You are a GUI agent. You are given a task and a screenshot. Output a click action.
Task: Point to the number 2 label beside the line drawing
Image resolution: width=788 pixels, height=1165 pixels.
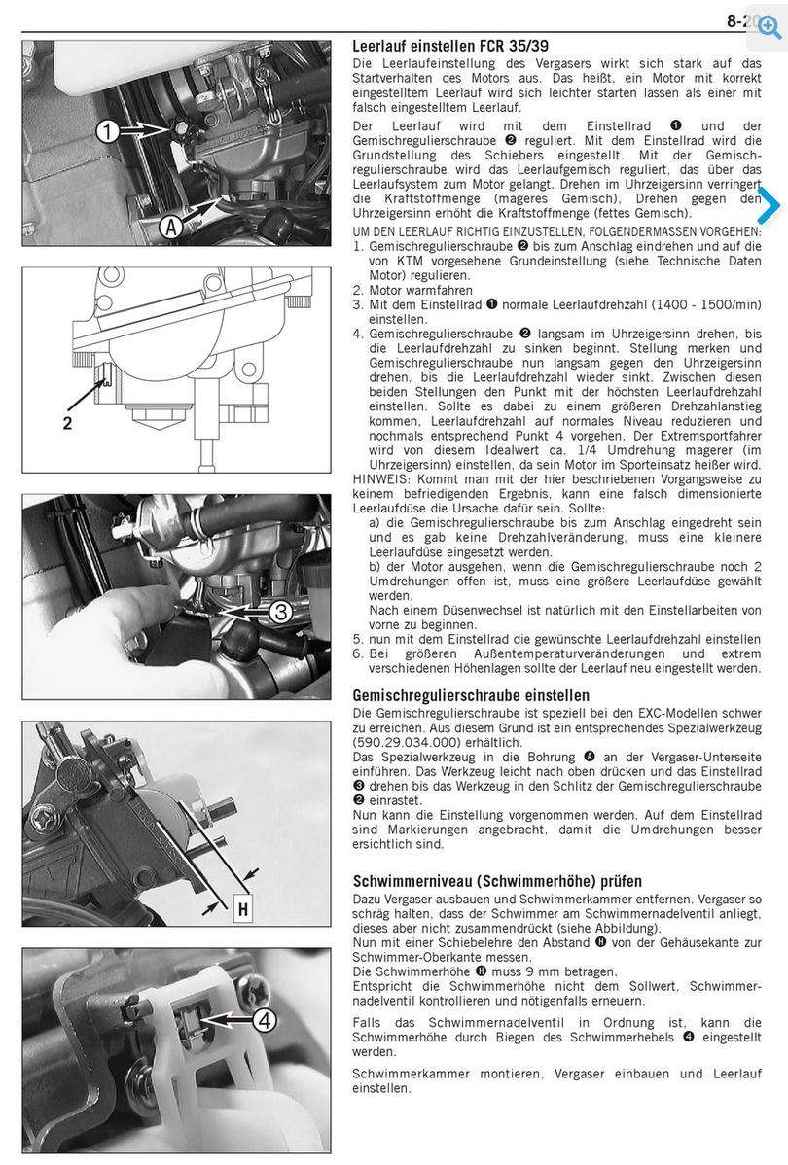(x=68, y=423)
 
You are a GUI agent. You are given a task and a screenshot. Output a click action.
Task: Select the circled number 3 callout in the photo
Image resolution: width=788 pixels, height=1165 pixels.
(x=279, y=612)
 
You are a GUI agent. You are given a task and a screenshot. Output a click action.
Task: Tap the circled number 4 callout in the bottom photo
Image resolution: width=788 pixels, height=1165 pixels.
(x=266, y=1021)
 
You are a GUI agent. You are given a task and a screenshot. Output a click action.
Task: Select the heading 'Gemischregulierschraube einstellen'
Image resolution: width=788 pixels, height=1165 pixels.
(x=471, y=695)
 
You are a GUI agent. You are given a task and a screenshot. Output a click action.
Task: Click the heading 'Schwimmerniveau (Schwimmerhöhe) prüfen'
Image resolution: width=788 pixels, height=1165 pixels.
(x=497, y=881)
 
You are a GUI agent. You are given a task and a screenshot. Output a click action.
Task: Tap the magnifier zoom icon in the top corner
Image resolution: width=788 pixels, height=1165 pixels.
(x=770, y=27)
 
